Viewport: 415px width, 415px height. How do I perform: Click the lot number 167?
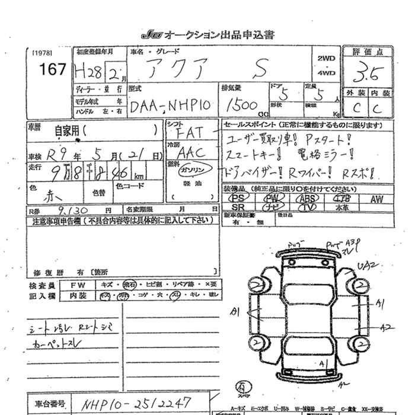pos(52,69)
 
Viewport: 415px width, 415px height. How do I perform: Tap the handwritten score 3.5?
pos(369,75)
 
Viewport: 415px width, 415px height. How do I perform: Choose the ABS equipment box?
pos(307,199)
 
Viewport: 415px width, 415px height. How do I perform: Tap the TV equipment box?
pos(307,207)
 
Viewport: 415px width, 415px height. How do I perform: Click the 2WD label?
pos(326,59)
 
